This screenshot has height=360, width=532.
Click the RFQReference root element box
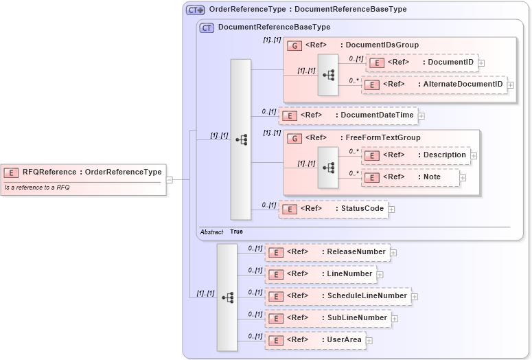83,172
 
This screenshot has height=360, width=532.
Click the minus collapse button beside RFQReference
169,180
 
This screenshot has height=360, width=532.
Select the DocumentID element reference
422,63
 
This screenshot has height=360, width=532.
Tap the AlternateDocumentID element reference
435,85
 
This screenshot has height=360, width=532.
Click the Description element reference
416,155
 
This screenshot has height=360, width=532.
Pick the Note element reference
410,177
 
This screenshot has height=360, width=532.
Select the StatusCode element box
333,209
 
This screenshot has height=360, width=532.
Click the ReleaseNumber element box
327,252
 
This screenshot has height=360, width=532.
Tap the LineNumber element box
321,274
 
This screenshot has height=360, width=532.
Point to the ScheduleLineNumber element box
338,296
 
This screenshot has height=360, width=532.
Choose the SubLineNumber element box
328,318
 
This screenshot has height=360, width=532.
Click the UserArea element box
315,340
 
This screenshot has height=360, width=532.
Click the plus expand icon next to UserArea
369,340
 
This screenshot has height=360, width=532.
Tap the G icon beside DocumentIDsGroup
294,45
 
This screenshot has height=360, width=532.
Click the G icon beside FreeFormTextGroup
294,138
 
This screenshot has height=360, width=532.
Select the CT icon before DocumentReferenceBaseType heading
207,27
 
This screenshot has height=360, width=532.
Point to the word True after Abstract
236,232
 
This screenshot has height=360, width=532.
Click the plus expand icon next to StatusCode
392,209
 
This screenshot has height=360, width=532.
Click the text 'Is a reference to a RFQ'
37,188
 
